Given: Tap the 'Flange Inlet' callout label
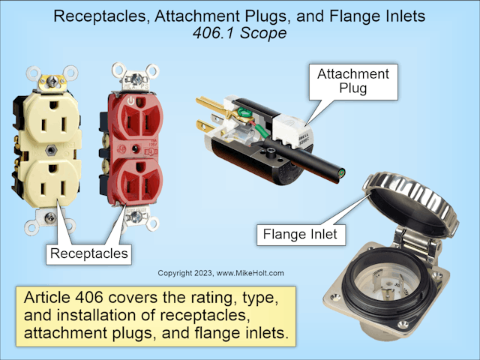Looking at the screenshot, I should click(300, 235).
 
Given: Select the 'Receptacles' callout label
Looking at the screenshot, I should click(88, 254).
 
